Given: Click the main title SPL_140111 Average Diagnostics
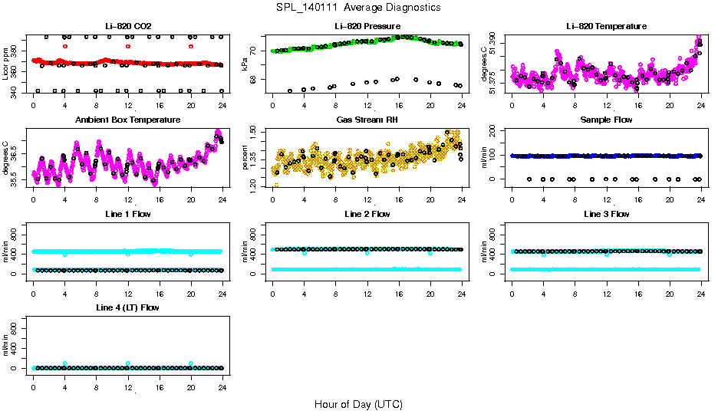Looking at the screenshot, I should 359,7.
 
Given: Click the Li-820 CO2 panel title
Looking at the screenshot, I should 127,26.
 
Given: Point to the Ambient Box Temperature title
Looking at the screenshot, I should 127,120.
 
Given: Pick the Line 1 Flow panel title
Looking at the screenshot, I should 127,214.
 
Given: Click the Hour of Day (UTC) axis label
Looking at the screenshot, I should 358,404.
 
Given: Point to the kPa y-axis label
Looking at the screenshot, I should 245,64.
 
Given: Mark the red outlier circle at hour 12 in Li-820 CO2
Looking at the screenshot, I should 128,46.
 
